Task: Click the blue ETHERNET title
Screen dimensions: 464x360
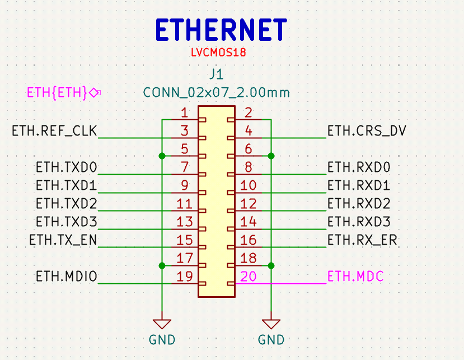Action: click(221, 30)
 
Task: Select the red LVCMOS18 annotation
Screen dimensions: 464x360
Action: click(218, 53)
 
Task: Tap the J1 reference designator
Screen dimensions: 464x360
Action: click(216, 74)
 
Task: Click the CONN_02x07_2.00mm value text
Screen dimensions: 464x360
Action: click(216, 93)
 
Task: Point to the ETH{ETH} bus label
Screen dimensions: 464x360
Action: click(57, 93)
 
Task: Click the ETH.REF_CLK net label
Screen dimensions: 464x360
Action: click(54, 131)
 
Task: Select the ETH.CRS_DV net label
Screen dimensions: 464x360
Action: click(367, 131)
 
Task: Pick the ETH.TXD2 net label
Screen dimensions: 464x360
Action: click(67, 204)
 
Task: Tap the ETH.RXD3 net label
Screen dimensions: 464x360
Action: click(359, 222)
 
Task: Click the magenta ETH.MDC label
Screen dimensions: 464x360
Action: click(355, 277)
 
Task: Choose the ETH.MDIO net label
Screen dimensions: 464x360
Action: click(67, 277)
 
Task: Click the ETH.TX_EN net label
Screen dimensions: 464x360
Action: click(63, 240)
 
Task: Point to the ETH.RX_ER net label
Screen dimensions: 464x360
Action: click(362, 240)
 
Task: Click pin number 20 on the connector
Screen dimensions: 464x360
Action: click(249, 277)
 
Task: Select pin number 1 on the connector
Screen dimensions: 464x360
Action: click(184, 113)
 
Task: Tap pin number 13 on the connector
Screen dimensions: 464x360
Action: click(185, 222)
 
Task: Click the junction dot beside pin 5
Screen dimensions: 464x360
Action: click(162, 156)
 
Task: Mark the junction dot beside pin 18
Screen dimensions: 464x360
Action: click(271, 265)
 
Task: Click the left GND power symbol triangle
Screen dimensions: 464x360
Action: click(162, 324)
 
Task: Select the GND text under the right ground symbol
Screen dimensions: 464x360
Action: click(271, 340)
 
